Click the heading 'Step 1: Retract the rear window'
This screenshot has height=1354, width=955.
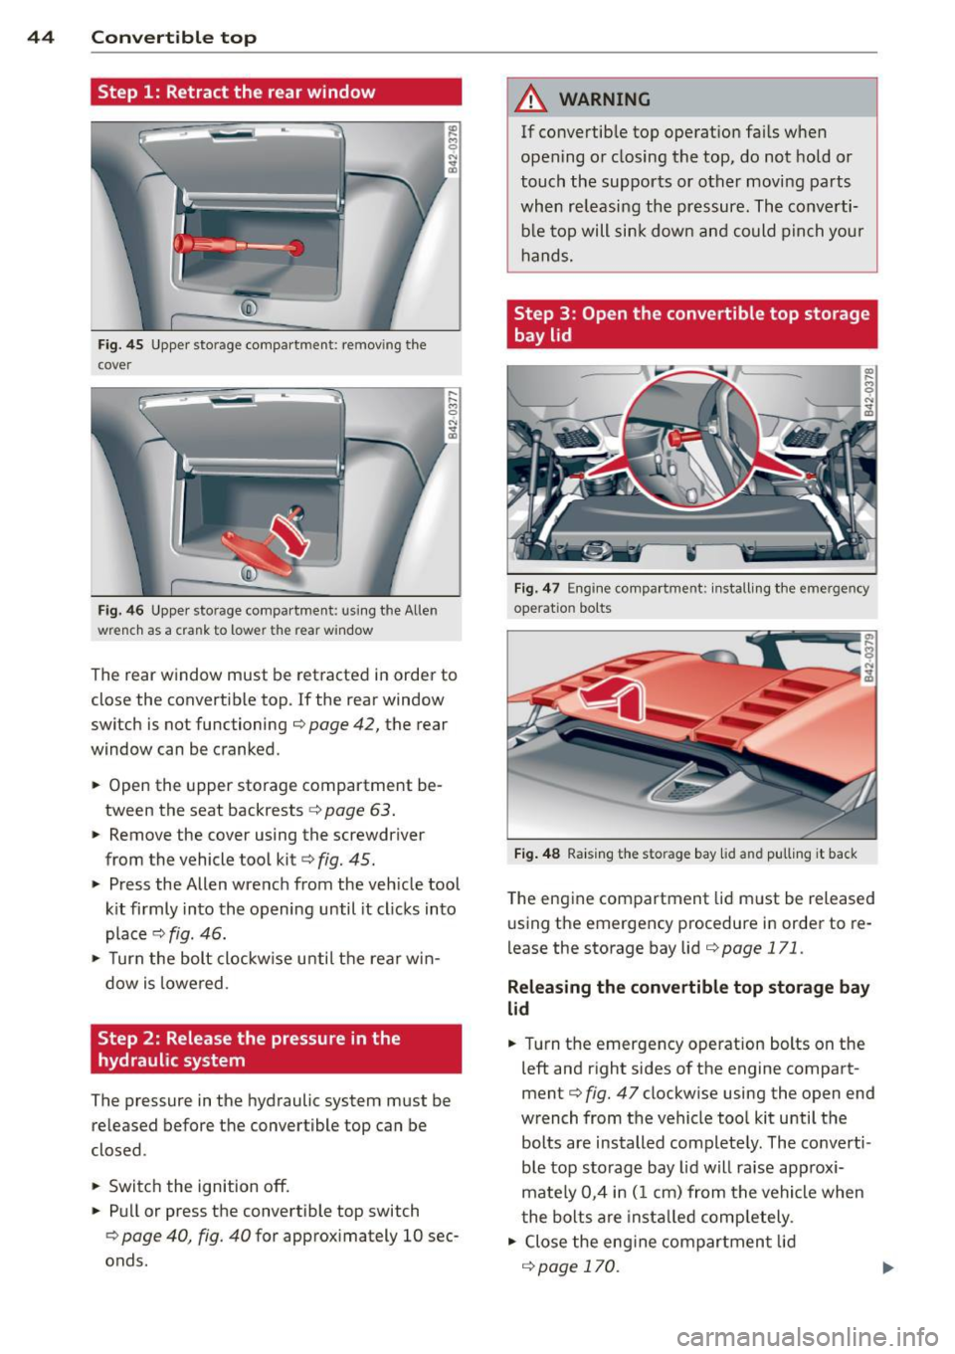click(x=237, y=93)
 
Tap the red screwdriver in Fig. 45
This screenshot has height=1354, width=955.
click(x=238, y=245)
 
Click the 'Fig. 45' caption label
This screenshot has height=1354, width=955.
click(x=120, y=345)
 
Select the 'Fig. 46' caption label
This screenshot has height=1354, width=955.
click(x=120, y=611)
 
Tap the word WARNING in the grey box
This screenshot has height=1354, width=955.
click(x=605, y=99)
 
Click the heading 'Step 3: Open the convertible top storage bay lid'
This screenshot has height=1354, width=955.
click(x=691, y=324)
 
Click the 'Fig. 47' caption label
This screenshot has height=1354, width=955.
click(x=537, y=589)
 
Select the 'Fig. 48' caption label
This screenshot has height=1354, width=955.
click(x=537, y=854)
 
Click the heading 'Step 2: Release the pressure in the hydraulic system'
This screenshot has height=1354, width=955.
click(x=249, y=1050)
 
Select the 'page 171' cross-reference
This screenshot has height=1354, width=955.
click(x=760, y=948)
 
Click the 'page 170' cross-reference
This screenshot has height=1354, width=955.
click(x=576, y=1266)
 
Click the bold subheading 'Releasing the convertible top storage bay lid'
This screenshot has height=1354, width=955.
click(x=688, y=998)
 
